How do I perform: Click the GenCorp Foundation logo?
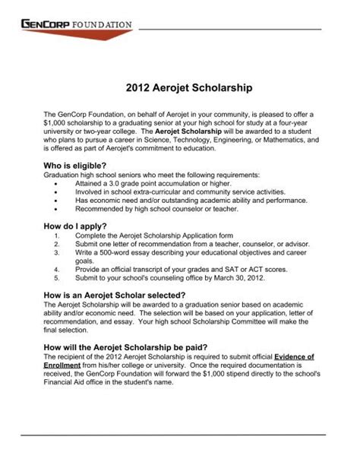pyautogui.click(x=76, y=25)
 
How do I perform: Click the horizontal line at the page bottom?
pyautogui.click(x=180, y=434)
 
